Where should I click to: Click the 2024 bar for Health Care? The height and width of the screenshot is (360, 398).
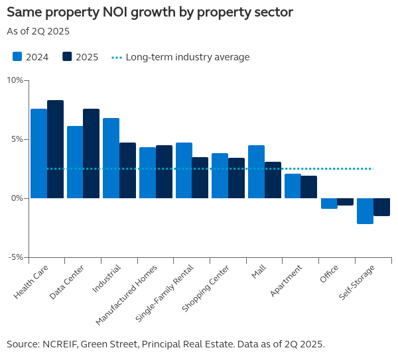pyautogui.click(x=38, y=154)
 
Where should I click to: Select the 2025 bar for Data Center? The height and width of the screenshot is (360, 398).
pyautogui.click(x=91, y=154)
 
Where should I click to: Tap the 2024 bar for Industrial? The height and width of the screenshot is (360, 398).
pyautogui.click(x=111, y=158)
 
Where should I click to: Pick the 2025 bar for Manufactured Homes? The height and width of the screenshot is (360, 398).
pyautogui.click(x=164, y=172)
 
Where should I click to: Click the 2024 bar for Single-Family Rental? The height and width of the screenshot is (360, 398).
pyautogui.click(x=184, y=170)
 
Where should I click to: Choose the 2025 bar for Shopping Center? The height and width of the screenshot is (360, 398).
pyautogui.click(x=236, y=178)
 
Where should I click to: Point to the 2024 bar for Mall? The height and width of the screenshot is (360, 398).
pyautogui.click(x=256, y=172)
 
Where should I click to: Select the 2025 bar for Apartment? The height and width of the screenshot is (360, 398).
pyautogui.click(x=308, y=187)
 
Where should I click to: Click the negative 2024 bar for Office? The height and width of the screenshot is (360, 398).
pyautogui.click(x=329, y=204)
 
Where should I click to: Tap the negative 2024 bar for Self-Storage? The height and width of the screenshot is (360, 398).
pyautogui.click(x=365, y=211)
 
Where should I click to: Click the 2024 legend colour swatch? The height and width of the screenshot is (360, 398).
pyautogui.click(x=18, y=57)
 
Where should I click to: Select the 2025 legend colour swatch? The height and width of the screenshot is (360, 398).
pyautogui.click(x=67, y=57)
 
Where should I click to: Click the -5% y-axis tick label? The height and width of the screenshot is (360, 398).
pyautogui.click(x=15, y=257)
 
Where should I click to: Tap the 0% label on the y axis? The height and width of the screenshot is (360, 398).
pyautogui.click(x=17, y=198)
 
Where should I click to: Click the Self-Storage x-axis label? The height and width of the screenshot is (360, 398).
pyautogui.click(x=357, y=282)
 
